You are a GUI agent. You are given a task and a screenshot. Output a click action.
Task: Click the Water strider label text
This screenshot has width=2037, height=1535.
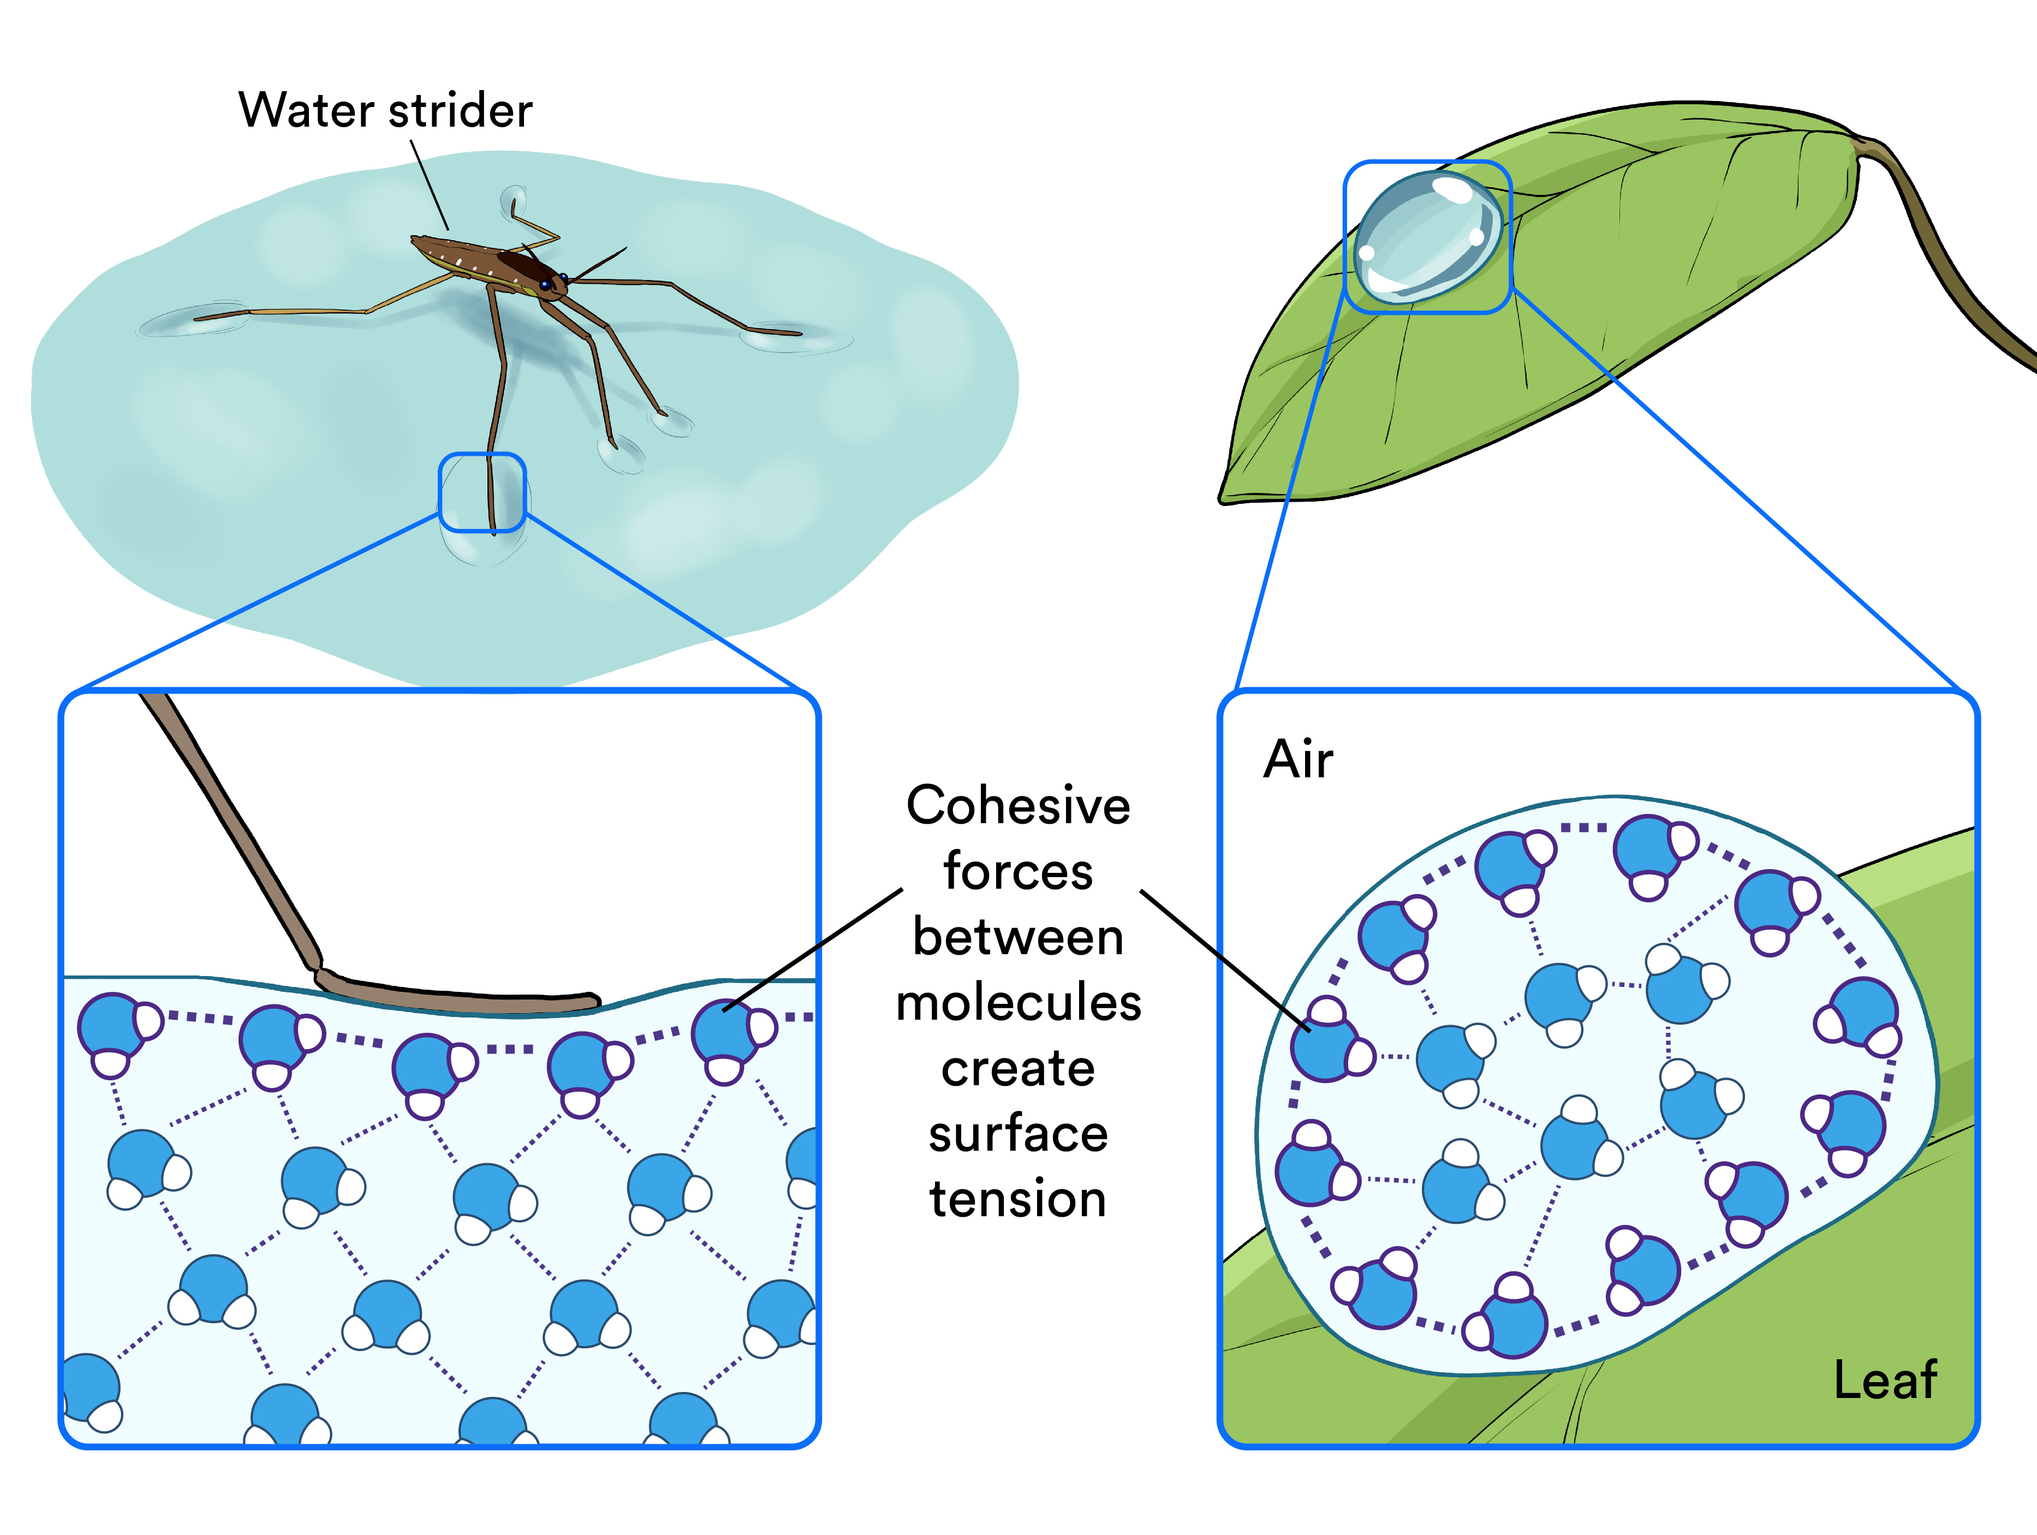coord(385,110)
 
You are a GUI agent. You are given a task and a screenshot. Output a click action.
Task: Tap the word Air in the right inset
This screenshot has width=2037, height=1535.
coord(1297,760)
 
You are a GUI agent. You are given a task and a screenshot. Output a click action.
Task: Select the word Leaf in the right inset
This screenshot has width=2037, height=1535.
coord(1884,1381)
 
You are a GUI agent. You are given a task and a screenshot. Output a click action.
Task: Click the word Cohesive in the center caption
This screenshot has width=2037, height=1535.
coord(1017,806)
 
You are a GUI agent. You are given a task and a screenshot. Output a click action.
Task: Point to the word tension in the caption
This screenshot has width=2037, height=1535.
coord(1017,1199)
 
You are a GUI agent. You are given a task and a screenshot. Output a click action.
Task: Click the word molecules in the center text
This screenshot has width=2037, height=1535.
coord(1017,1003)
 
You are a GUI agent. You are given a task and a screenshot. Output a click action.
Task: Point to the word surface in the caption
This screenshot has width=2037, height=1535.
coord(1017,1134)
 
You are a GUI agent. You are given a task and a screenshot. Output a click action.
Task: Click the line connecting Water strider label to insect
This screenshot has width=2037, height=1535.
coord(429,184)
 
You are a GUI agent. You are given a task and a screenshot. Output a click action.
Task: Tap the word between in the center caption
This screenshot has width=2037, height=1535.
coord(1017,937)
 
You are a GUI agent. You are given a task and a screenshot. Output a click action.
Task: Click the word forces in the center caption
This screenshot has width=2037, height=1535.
coord(1017,871)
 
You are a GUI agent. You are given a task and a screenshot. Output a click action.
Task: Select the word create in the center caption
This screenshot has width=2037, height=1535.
coord(1017,1068)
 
